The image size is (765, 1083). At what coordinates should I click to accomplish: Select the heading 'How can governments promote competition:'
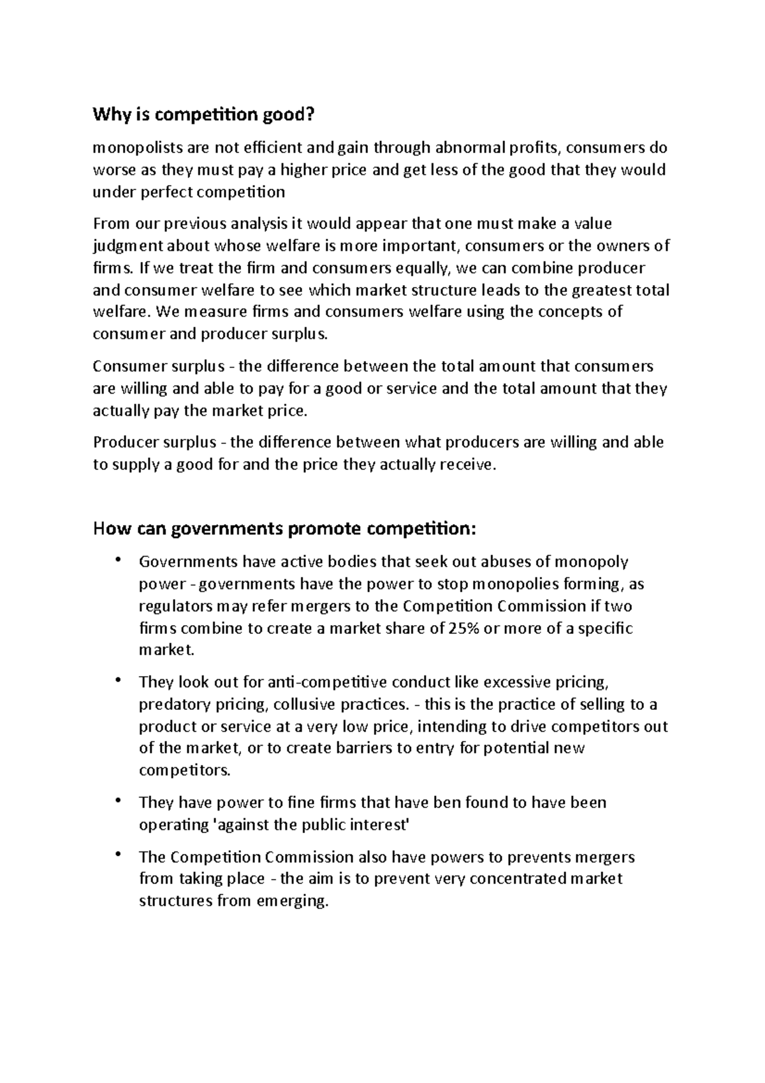click(x=284, y=529)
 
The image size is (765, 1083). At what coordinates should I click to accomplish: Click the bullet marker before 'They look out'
click(x=117, y=681)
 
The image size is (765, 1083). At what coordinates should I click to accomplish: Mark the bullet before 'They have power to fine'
click(x=117, y=801)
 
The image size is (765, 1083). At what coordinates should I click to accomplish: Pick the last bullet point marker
click(x=117, y=855)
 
